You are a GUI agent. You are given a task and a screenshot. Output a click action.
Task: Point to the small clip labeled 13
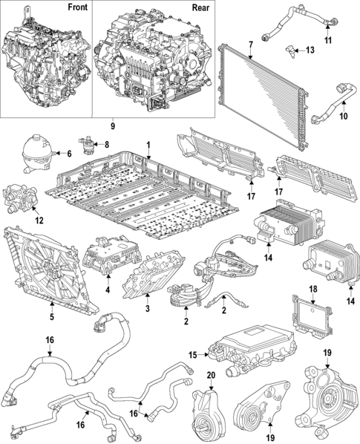pos(291,52)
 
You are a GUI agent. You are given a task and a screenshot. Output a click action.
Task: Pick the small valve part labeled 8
pos(88,142)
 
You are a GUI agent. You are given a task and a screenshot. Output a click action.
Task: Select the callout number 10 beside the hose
pos(344,117)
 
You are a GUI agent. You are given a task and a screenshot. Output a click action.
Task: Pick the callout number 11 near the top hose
pos(327,39)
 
